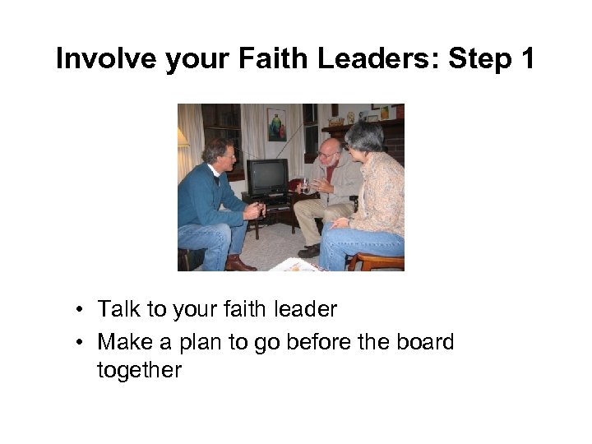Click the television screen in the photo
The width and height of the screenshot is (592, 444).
point(266,176)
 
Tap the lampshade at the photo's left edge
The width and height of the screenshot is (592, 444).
point(183,138)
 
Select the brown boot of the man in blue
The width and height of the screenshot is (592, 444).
point(239,263)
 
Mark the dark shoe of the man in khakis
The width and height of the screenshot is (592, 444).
point(309,250)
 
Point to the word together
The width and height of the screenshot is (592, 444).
point(138,371)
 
